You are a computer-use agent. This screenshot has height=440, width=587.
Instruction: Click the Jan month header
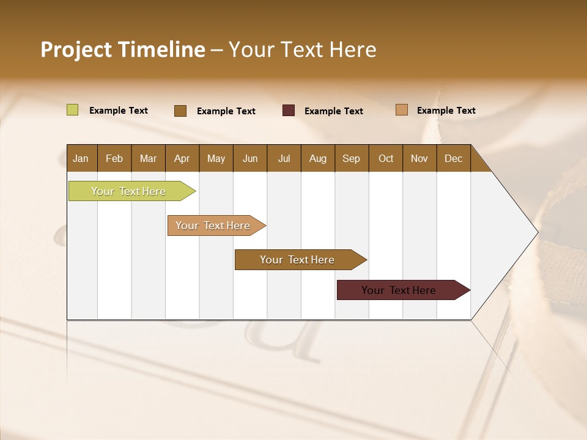point(81,158)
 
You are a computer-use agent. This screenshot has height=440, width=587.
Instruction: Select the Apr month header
point(182,158)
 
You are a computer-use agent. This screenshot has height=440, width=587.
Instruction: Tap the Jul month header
point(284,158)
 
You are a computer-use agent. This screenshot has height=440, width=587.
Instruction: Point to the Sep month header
point(351,158)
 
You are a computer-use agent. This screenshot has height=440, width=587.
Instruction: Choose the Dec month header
point(453,158)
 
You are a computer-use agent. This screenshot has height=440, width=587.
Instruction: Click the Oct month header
point(385,158)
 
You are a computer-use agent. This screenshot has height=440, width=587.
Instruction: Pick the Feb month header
point(114,158)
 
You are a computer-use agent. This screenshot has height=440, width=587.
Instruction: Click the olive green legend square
point(72,110)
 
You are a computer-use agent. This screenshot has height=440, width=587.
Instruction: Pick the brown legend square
point(180,111)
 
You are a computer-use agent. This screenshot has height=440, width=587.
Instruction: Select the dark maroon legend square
point(289,111)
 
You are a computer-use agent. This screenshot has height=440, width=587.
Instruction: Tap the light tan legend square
point(402,110)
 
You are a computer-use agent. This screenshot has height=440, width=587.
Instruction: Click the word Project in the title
point(75,50)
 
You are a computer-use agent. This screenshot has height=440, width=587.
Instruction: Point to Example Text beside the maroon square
point(334,111)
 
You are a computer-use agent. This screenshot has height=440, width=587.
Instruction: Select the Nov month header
point(419,158)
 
